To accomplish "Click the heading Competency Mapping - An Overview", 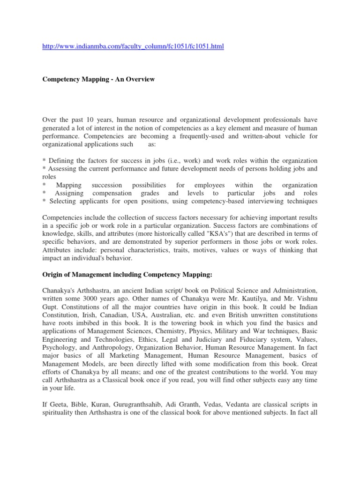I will point(98,80).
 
